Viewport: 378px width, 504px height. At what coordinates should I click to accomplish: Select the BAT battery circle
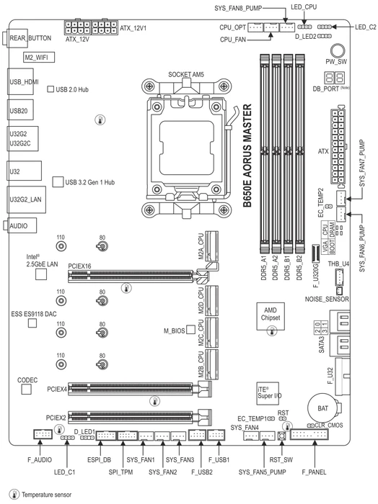322,408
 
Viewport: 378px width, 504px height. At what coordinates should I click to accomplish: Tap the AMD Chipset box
271,316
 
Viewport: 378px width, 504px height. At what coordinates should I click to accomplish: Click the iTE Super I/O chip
268,393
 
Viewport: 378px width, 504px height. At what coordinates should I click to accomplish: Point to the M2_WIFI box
39,57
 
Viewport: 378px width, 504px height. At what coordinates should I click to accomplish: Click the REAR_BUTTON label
30,38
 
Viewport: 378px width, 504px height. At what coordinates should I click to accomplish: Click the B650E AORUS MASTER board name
247,156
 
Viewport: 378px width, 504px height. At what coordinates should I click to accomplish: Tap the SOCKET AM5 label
186,75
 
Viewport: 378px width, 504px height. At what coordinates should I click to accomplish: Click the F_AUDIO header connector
43,435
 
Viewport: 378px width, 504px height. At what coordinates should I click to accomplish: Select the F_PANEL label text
314,472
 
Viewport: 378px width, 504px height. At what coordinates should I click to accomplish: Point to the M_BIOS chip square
190,330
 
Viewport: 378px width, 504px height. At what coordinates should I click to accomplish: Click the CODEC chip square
27,390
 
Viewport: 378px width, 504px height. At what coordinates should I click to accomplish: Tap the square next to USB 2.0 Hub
50,89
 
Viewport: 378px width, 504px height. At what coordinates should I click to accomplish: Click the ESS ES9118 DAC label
34,314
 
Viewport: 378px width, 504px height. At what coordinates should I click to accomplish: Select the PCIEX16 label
79,266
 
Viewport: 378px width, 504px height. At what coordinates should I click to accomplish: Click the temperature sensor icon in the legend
14,495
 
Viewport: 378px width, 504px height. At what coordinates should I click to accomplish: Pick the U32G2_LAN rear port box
27,199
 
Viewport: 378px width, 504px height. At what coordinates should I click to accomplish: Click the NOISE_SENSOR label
327,300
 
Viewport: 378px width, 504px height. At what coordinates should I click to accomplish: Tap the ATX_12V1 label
133,28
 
